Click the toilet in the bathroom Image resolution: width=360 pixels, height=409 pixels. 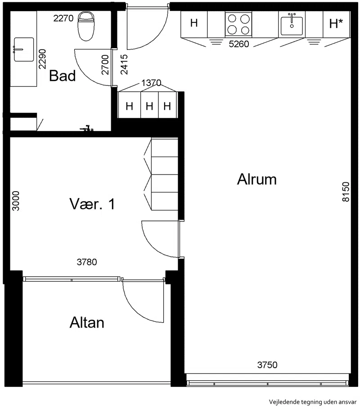(x=86, y=26)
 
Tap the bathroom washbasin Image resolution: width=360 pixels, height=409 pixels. (x=23, y=49)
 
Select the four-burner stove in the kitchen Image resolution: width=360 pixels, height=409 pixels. (x=238, y=24)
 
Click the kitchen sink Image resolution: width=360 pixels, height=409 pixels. (x=292, y=24)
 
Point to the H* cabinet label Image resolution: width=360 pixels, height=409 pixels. (x=336, y=23)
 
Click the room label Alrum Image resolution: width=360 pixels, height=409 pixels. (x=256, y=180)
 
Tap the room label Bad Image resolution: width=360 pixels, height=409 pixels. (x=63, y=76)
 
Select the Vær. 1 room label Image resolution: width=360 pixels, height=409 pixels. (x=92, y=204)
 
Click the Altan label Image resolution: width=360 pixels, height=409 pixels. (x=87, y=323)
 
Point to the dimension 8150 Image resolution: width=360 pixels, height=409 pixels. (x=346, y=192)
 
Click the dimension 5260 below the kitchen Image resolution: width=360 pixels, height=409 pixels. (x=238, y=44)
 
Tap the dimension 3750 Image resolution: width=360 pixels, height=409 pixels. (x=267, y=364)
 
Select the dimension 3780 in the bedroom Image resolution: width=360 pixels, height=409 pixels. (x=87, y=262)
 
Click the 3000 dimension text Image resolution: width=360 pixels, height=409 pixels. (x=16, y=201)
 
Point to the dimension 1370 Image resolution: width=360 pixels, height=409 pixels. (x=151, y=83)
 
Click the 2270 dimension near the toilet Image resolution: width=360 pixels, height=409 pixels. (x=63, y=18)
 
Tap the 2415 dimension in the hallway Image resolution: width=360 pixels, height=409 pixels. (x=124, y=64)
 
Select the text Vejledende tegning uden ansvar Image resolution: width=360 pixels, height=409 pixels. (x=313, y=402)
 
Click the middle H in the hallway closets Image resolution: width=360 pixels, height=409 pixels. (x=149, y=106)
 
